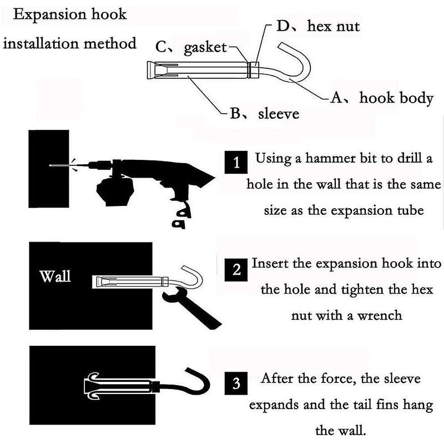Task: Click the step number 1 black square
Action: pos(236,164)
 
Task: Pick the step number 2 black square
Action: pos(236,270)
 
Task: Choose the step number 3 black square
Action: pos(236,384)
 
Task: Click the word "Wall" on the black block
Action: pos(56,276)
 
